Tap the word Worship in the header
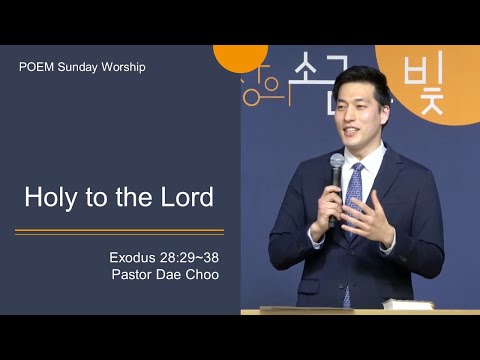122,67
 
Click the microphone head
337,163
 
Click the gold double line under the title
119,232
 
